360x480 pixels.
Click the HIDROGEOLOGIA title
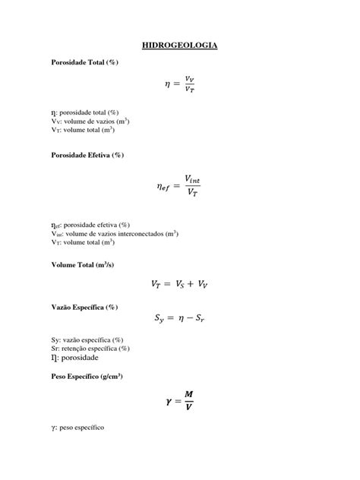point(180,46)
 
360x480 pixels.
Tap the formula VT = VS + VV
point(180,285)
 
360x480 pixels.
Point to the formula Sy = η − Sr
point(180,321)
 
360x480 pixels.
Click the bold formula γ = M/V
point(180,402)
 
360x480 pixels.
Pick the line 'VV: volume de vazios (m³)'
point(95,121)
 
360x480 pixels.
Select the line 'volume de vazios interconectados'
point(114,234)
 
